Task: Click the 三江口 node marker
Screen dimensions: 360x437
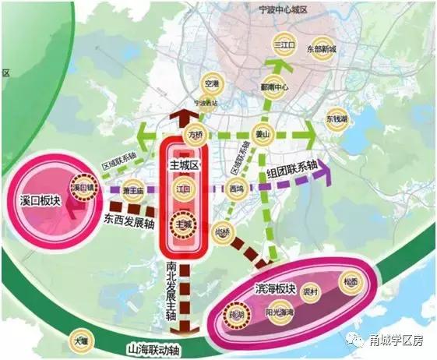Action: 286,46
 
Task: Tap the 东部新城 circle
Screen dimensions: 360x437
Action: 321,48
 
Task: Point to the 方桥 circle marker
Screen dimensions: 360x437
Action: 196,136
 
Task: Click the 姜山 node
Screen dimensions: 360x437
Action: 263,134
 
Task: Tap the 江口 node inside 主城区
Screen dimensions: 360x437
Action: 183,188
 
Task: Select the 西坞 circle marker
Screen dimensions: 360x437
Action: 237,188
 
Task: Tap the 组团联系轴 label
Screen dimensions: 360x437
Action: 291,167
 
